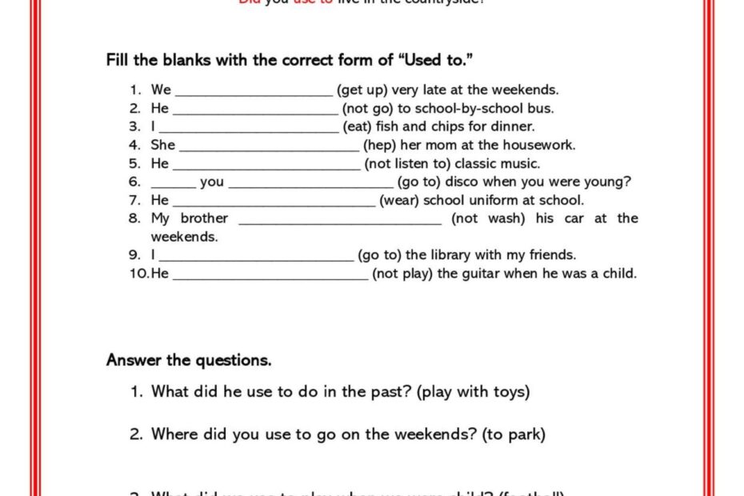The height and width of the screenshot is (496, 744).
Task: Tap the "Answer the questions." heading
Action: (x=189, y=360)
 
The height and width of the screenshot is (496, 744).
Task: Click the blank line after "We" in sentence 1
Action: (x=253, y=90)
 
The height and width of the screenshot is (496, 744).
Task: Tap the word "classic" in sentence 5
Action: (x=477, y=163)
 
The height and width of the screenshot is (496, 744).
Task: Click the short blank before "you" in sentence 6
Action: (x=173, y=182)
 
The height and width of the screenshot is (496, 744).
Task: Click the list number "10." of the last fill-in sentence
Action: (x=139, y=274)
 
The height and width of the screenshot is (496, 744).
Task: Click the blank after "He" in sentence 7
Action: (x=274, y=201)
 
